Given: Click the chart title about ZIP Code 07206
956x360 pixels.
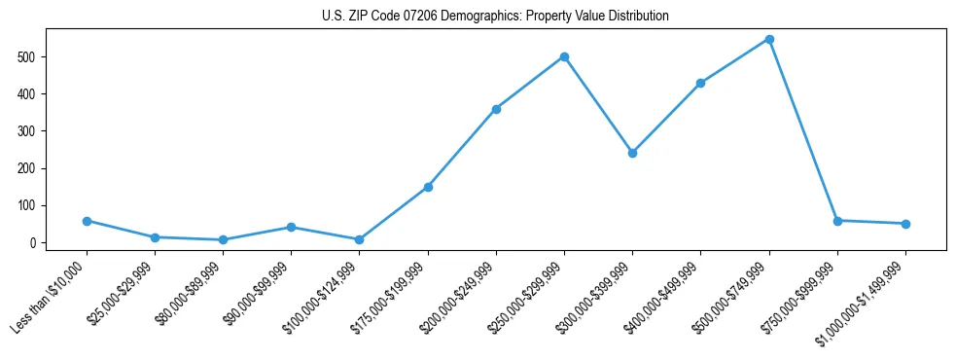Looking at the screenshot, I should coord(495,17).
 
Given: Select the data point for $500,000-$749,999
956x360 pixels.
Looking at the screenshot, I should coord(769,40).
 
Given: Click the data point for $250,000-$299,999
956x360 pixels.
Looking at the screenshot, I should coord(564,56).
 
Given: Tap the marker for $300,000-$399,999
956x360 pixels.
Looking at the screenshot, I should coord(632,153).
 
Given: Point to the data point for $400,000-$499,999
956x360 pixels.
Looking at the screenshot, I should coord(700,84).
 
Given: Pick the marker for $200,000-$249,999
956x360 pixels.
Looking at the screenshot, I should coord(496,109).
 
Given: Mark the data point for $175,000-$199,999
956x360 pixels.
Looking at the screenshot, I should coord(428,187).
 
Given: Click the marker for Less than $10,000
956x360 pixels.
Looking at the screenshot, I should coord(87,221).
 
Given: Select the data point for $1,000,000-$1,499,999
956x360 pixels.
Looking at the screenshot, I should coord(905,224).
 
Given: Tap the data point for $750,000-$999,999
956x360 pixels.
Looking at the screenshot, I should coord(837,221).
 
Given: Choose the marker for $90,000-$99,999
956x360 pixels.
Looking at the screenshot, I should coord(291,228).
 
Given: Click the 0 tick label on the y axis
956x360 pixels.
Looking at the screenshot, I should coord(34,243).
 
